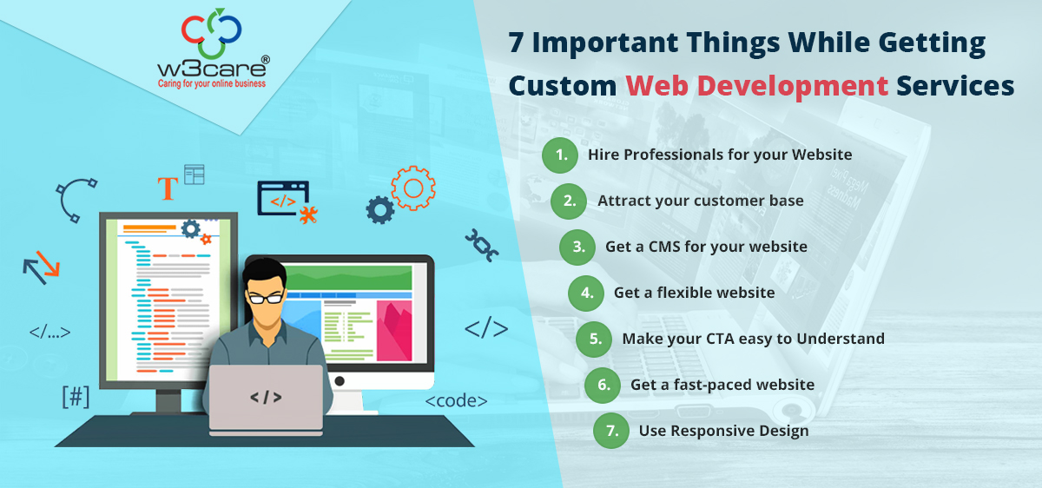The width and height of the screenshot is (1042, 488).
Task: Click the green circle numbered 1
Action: coord(560,155)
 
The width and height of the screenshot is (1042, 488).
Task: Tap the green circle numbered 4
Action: coord(586,293)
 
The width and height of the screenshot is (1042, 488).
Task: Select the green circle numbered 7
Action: coord(611,431)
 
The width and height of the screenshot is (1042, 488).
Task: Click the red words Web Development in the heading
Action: coord(757,87)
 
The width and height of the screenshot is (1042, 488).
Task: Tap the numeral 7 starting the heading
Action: coord(516,43)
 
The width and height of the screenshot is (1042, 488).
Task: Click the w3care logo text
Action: coord(212,69)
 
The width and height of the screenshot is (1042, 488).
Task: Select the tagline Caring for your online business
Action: coord(212,83)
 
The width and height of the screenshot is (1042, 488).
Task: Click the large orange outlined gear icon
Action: coord(413,188)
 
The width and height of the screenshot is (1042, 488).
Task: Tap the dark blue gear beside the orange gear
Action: coord(380,210)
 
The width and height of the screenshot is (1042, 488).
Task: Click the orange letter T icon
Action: coord(168,188)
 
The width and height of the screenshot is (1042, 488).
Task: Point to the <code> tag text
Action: coord(457,401)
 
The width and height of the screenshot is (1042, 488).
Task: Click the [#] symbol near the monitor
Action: coord(76,397)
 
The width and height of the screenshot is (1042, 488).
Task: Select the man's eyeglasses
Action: coord(266,298)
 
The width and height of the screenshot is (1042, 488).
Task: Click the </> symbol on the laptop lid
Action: coord(266,398)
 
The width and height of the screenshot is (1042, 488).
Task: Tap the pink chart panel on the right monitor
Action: coord(394,331)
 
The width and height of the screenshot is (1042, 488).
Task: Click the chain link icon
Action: coord(481,245)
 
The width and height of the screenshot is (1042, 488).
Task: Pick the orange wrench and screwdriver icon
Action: coord(308,215)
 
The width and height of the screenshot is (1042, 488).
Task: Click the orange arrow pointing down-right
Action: coord(49,264)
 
